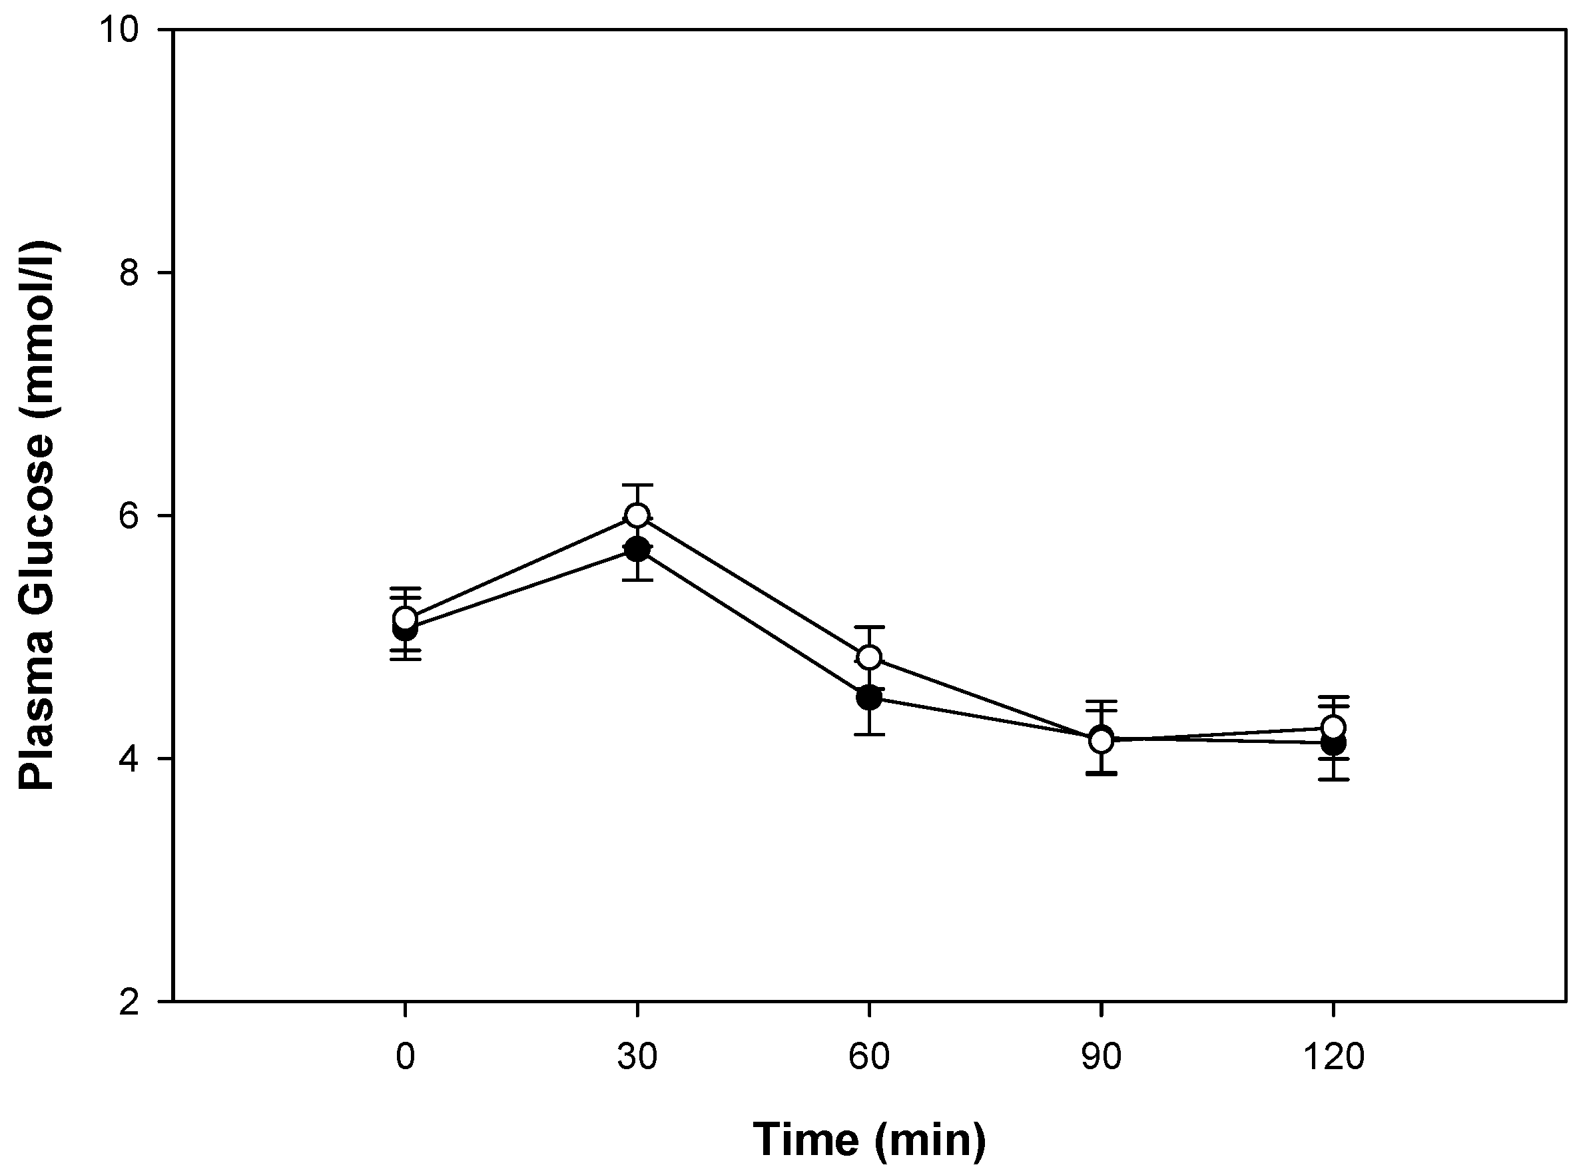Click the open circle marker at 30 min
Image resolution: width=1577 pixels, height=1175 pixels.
click(637, 515)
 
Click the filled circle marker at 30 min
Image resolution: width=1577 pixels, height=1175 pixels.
click(637, 549)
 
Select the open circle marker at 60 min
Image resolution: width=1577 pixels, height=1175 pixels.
click(868, 657)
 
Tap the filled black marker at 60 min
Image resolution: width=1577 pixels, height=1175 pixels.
click(868, 698)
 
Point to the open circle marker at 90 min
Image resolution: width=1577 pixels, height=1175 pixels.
click(1101, 740)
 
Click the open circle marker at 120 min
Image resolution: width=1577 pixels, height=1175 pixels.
click(1333, 727)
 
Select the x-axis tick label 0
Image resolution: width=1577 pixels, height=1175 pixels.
click(405, 1057)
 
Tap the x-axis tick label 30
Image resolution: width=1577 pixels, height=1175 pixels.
click(637, 1057)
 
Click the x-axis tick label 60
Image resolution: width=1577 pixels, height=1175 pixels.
click(868, 1057)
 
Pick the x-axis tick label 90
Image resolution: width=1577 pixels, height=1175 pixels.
click(1101, 1057)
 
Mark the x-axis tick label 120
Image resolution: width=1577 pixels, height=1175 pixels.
click(1333, 1057)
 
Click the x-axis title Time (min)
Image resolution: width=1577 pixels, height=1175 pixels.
click(868, 1140)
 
